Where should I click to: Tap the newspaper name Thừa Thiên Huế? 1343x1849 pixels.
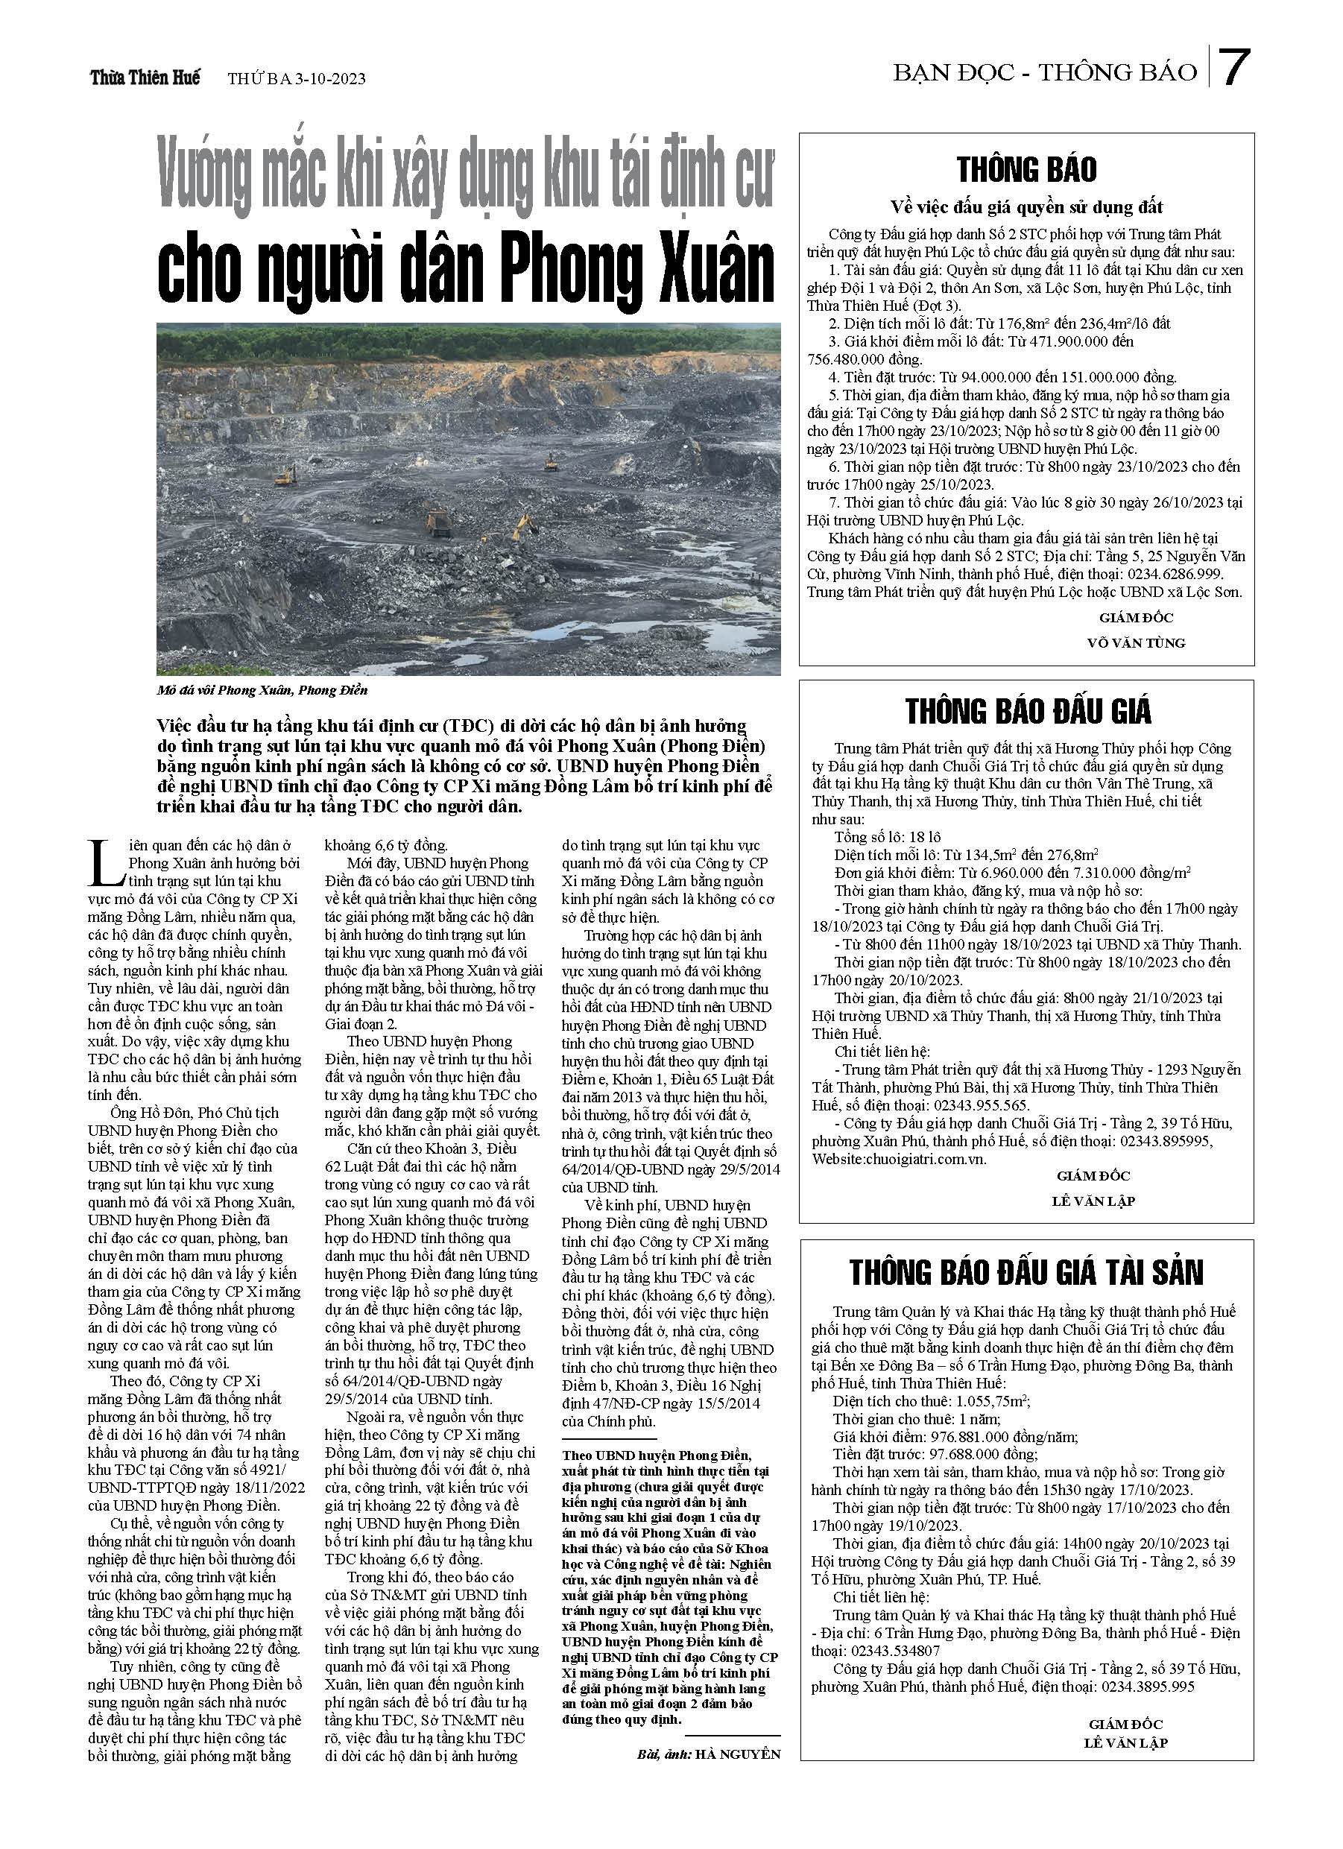click(145, 78)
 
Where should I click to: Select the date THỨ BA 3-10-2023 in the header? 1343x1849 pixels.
click(297, 79)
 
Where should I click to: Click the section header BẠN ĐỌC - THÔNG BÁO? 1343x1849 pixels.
click(1045, 72)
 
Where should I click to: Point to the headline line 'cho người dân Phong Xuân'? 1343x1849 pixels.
click(466, 269)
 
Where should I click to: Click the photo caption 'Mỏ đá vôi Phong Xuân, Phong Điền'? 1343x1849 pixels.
click(262, 691)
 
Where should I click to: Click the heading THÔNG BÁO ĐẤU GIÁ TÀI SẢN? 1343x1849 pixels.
click(1026, 1273)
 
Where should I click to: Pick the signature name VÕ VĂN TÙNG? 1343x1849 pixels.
click(1136, 642)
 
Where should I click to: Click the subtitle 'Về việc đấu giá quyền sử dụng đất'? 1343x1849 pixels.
click(1026, 207)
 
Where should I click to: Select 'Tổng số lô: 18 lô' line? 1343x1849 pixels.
click(887, 836)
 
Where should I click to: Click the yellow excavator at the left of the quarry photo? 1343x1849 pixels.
click(285, 475)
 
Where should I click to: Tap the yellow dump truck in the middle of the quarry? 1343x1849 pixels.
click(439, 522)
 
